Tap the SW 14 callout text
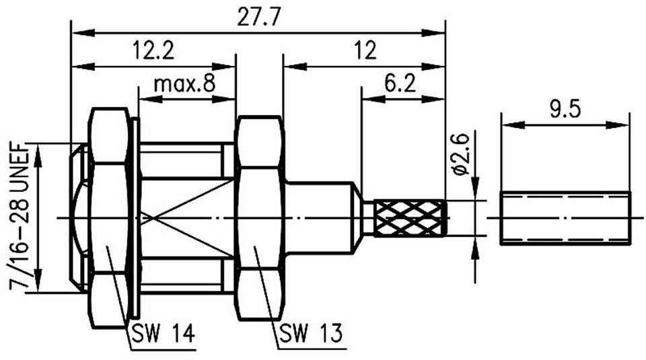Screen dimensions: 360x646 click(x=161, y=333)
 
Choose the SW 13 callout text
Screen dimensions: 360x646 click(x=310, y=333)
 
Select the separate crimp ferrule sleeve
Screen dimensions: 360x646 click(x=565, y=218)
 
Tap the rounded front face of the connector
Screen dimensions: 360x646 click(x=79, y=217)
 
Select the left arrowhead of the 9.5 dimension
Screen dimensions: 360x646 click(x=508, y=124)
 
